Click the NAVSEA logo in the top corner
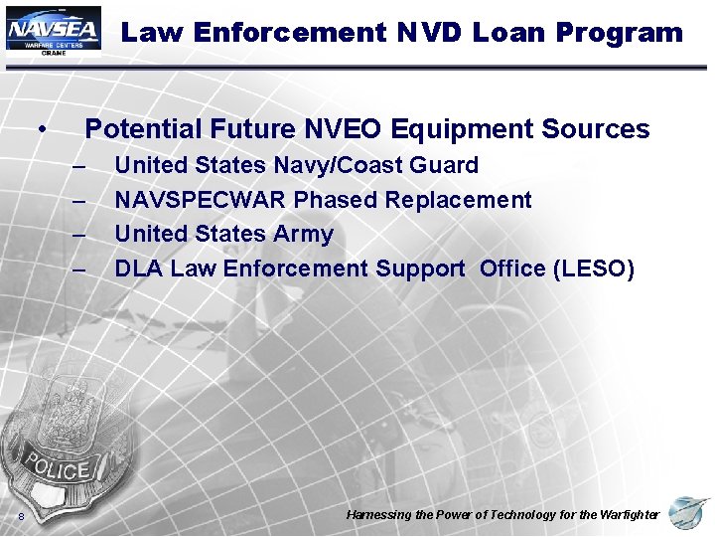[x=54, y=31]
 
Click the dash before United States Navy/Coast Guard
[x=79, y=166]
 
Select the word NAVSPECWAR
[x=202, y=200]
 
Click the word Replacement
[x=458, y=200]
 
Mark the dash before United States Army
[x=79, y=236]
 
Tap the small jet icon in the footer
[x=688, y=513]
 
